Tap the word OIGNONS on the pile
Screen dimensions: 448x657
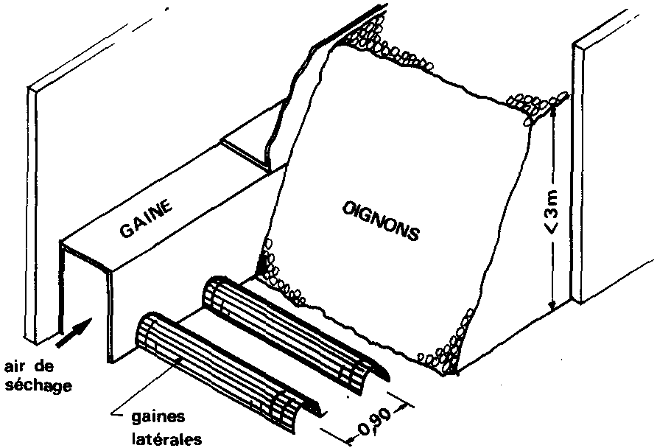381,222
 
